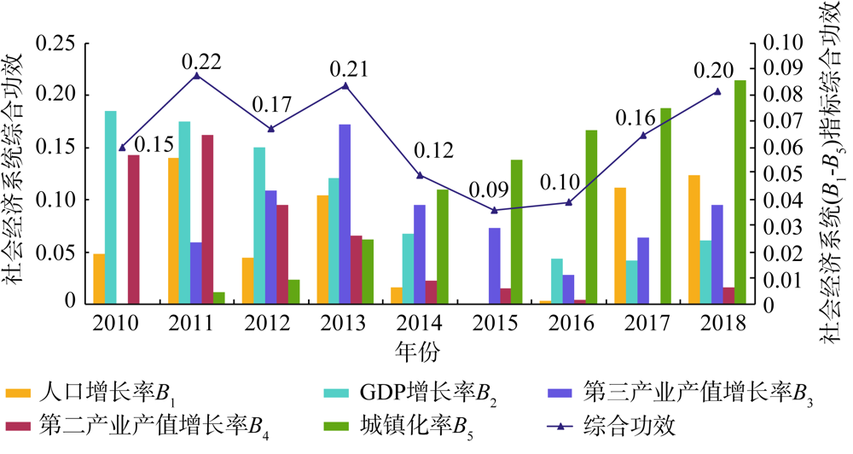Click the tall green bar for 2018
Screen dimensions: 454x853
pos(740,192)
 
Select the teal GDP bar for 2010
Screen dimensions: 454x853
pos(110,207)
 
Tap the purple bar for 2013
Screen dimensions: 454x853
pos(345,214)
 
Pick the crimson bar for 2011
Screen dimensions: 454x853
pos(207,219)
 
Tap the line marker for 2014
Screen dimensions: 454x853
pos(420,175)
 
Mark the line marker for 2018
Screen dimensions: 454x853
pos(717,91)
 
